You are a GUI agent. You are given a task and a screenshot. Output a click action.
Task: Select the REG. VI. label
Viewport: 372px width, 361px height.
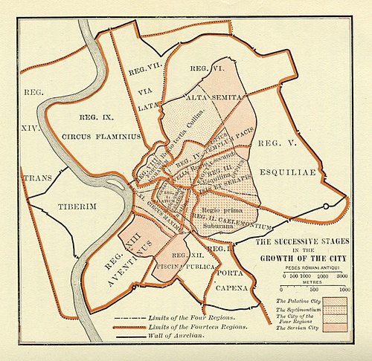pyautogui.click(x=205, y=69)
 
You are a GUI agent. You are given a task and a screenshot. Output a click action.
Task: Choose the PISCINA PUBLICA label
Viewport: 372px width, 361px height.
pyautogui.click(x=185, y=265)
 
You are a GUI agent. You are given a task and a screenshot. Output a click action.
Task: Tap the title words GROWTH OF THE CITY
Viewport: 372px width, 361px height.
pyautogui.click(x=302, y=259)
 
